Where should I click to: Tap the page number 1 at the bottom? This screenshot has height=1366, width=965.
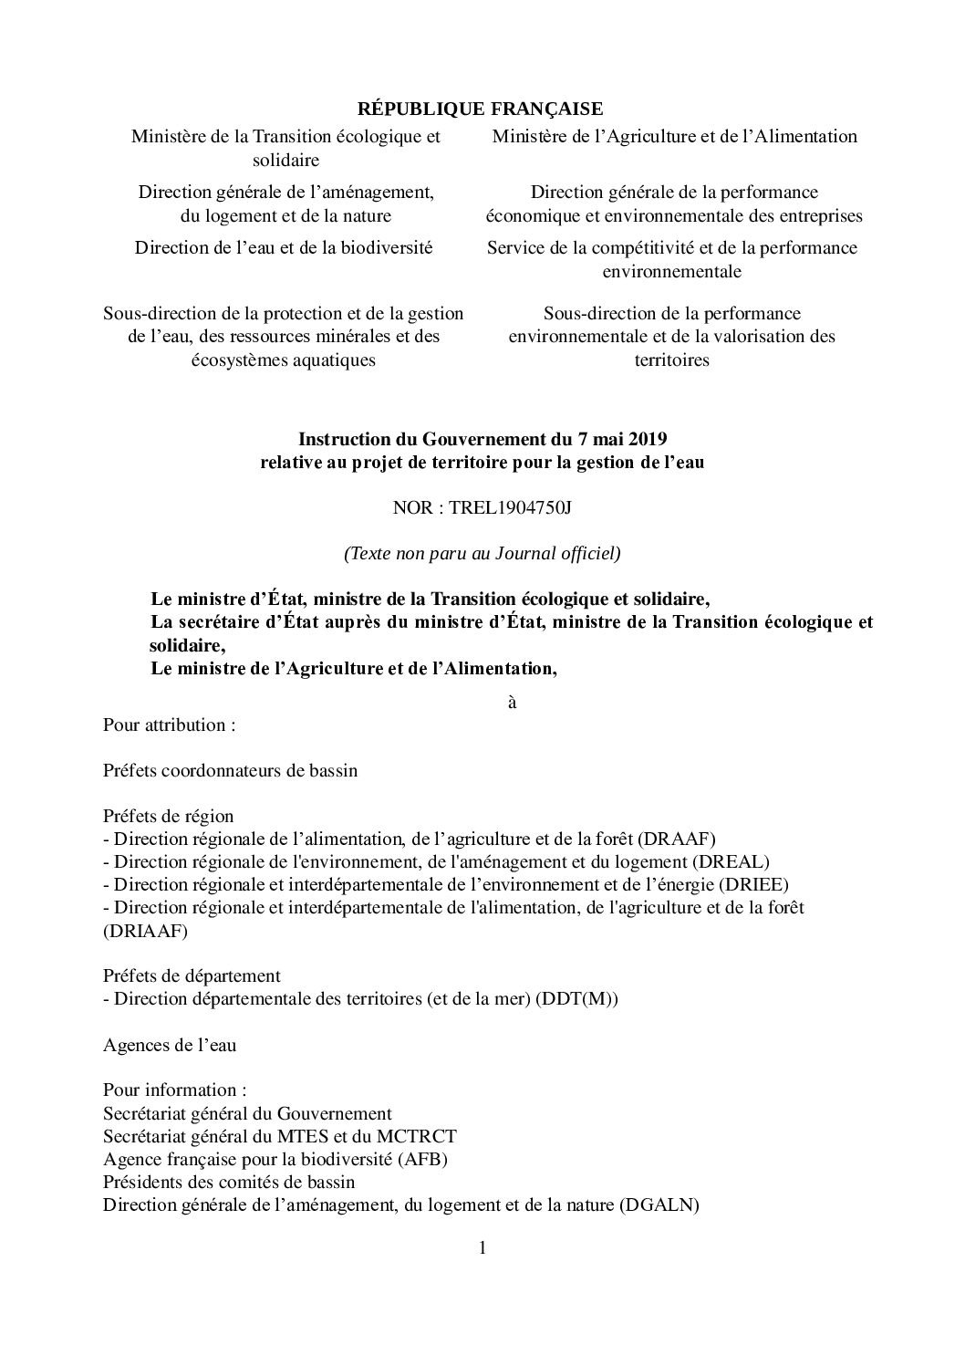point(482,1247)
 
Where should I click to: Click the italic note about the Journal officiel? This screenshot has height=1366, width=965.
point(482,553)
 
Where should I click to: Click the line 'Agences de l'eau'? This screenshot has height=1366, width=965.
point(170,1045)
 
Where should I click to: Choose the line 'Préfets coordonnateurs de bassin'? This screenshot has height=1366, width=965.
point(230,771)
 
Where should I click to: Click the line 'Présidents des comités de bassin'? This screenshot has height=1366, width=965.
point(229,1182)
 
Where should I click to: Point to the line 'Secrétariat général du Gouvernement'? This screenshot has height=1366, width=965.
point(247,1113)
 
